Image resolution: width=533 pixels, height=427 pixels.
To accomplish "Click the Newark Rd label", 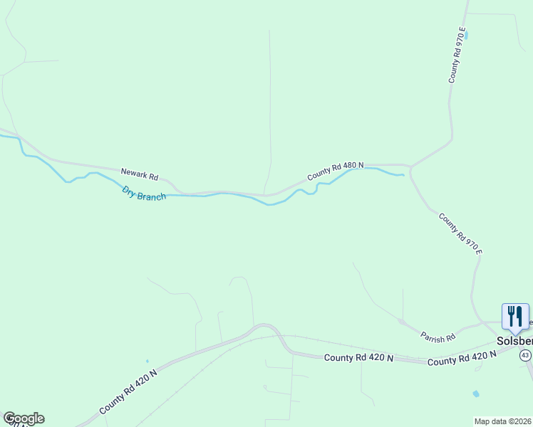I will coord(139,174).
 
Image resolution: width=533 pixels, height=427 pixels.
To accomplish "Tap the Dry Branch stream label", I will coord(144,193).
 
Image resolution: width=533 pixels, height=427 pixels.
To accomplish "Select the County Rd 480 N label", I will coord(336,170).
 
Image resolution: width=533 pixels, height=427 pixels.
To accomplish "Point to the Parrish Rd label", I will coord(438,336).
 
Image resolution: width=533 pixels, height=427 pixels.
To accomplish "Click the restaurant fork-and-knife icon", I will coord(515,317).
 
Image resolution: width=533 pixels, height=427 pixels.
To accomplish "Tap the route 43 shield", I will coord(525,354).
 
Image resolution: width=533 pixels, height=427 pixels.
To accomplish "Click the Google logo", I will coord(24,418).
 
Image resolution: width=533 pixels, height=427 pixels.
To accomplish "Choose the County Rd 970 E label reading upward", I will coord(457,56).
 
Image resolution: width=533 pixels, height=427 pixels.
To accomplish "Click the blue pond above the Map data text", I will coord(475,394).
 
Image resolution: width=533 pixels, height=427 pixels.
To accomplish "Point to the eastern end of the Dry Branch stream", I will coord(403,175).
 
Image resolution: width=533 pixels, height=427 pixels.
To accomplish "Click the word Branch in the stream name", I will coord(152,195).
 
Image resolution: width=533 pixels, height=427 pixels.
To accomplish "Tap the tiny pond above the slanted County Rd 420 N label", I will coord(148,362).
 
